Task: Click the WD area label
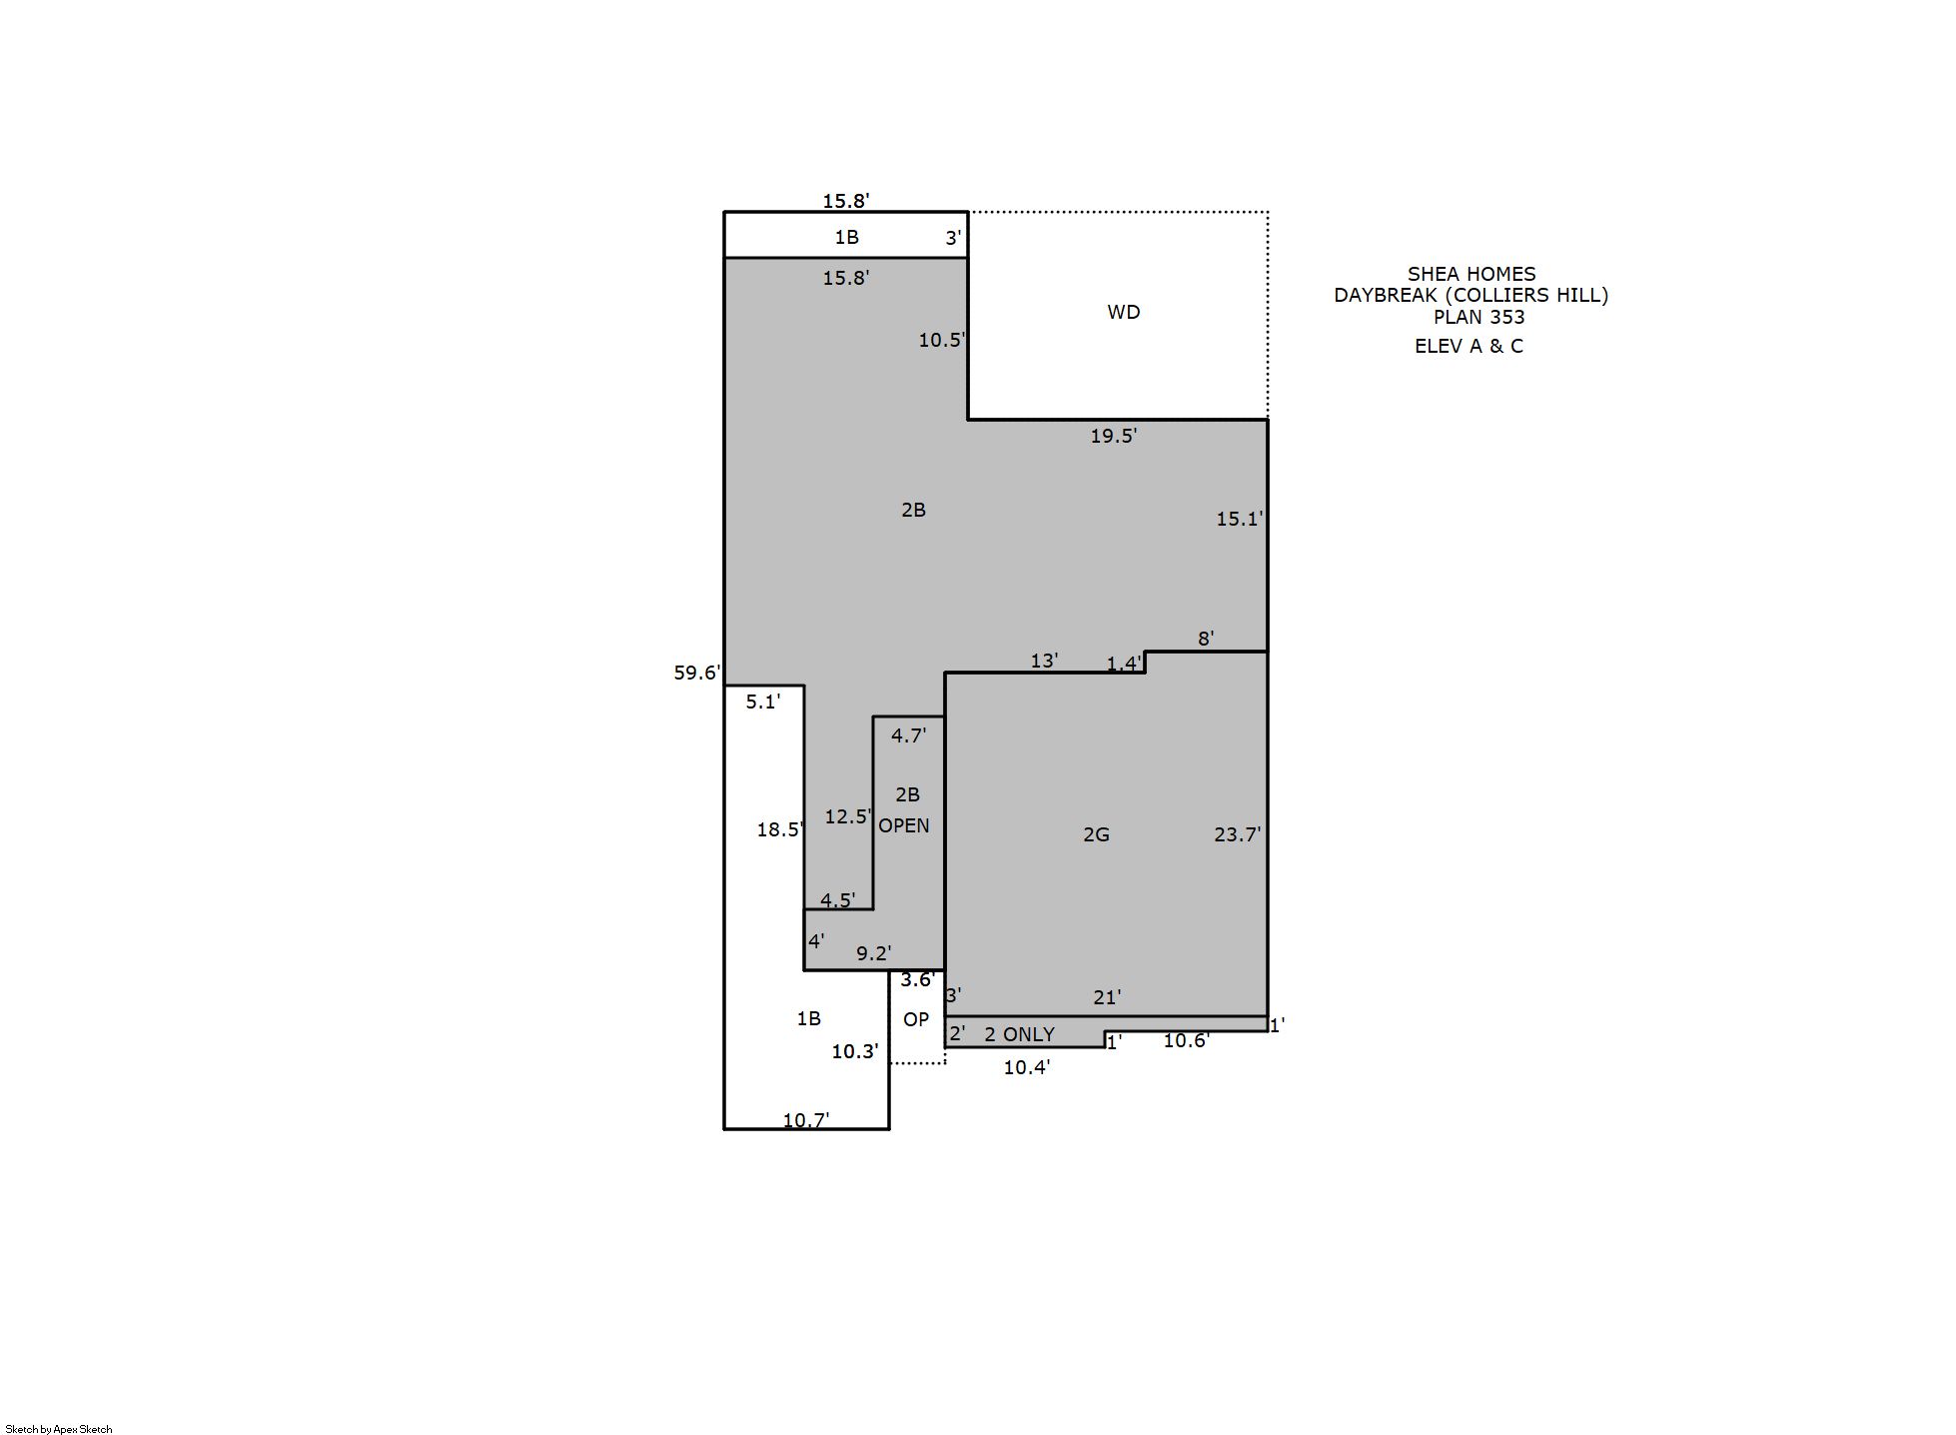[1123, 312]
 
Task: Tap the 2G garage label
[1096, 834]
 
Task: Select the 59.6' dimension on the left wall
[696, 673]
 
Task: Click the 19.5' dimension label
[1113, 436]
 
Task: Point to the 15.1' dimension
[1239, 519]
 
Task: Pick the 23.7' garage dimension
[1237, 834]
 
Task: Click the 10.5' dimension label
[941, 340]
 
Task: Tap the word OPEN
[903, 825]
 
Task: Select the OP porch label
[915, 1019]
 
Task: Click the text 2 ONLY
[1019, 1034]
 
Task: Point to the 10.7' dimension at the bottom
[805, 1120]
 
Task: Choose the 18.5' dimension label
[779, 829]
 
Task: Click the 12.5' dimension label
[847, 816]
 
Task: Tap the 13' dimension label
[1044, 661]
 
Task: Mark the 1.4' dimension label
[1124, 664]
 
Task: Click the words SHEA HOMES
[1471, 274]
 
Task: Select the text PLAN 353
[1478, 317]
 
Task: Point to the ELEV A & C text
[1468, 346]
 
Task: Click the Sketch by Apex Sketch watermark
[59, 1429]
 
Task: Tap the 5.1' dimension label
[762, 702]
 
